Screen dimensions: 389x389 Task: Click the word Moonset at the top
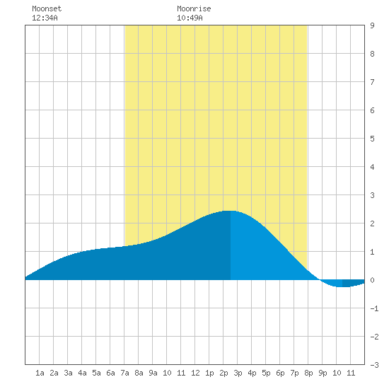pyautogui.click(x=47, y=8)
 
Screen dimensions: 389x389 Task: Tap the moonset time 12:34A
pyautogui.click(x=45, y=18)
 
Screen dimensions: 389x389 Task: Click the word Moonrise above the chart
pyautogui.click(x=194, y=8)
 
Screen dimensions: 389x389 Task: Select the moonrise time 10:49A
pyautogui.click(x=190, y=18)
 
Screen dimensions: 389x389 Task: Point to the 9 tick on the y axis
pyautogui.click(x=372, y=25)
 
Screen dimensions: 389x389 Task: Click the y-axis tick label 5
pyautogui.click(x=372, y=139)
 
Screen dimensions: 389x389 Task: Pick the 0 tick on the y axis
pyautogui.click(x=372, y=280)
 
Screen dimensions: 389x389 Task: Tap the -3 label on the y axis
pyautogui.click(x=374, y=365)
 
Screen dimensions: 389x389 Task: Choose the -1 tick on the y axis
pyautogui.click(x=374, y=308)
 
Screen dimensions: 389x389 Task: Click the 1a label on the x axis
pyautogui.click(x=40, y=373)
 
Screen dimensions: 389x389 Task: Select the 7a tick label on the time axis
pyautogui.click(x=124, y=373)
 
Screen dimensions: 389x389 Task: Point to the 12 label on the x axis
pyautogui.click(x=195, y=373)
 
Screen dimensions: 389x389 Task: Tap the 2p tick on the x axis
pyautogui.click(x=223, y=373)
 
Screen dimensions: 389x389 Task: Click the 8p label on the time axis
pyautogui.click(x=308, y=373)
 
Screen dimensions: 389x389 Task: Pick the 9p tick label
pyautogui.click(x=323, y=373)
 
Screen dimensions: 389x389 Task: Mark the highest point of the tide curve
pyautogui.click(x=231, y=211)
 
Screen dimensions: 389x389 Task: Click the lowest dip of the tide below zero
pyautogui.click(x=342, y=286)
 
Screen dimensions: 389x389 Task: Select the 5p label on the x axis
pyautogui.click(x=266, y=373)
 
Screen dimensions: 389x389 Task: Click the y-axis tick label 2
pyautogui.click(x=372, y=223)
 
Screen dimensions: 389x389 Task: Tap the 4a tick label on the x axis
pyautogui.click(x=82, y=373)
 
